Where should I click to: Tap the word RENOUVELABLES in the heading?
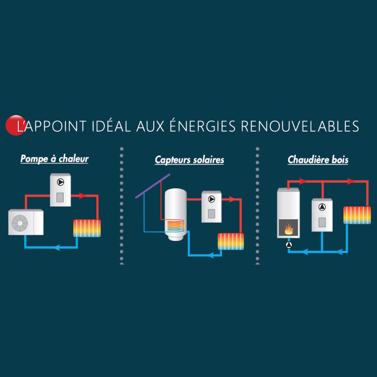300,126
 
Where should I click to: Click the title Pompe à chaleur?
54,159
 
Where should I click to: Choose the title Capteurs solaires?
189,160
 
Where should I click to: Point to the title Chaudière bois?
318,160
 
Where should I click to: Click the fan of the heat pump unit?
20,222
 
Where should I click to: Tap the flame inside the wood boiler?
288,229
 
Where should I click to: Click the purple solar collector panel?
153,186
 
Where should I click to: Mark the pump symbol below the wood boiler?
289,245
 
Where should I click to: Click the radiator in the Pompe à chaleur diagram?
87,228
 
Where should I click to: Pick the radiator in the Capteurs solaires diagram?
230,241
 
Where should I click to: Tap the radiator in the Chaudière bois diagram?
357,215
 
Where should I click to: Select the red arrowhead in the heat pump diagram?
83,196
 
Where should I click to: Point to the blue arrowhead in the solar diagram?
210,256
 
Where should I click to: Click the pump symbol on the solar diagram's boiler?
212,199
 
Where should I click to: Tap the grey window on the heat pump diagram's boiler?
60,197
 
